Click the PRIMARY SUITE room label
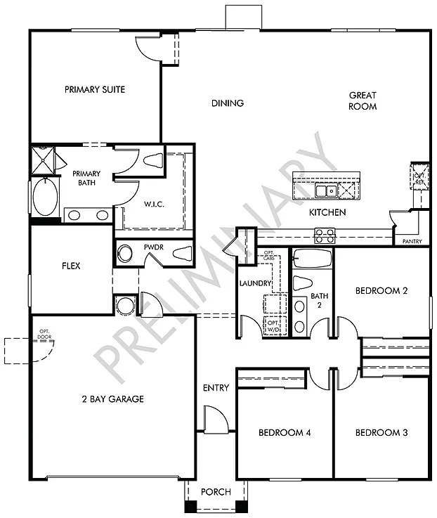tap(95, 89)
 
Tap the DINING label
tap(228, 103)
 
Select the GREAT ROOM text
tap(363, 101)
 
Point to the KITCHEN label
tap(327, 212)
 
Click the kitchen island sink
tap(325, 190)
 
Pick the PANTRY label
tap(412, 241)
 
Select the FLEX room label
tap(71, 266)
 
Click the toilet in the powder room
tap(181, 254)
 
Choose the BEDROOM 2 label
tap(381, 290)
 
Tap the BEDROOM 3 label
tap(381, 432)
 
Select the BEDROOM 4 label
tap(285, 432)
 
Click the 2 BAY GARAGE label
tap(112, 399)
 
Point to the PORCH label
tap(216, 491)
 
